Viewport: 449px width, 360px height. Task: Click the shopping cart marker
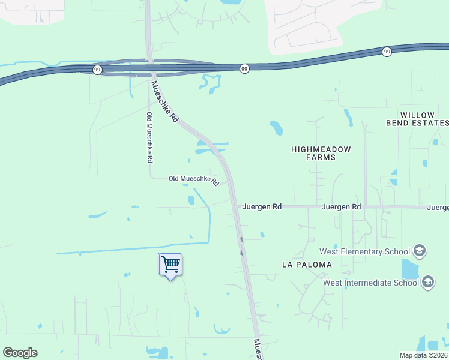(170, 264)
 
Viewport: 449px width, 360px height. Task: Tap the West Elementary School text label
(364, 251)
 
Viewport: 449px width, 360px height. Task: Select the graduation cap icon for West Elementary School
(420, 251)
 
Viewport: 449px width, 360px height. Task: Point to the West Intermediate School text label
(370, 283)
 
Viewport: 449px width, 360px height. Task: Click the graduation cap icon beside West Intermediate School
(428, 282)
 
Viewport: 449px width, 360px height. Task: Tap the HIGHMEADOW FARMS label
(321, 153)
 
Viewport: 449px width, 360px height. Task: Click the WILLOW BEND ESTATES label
(417, 119)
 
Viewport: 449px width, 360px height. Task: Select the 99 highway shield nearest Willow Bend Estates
(387, 52)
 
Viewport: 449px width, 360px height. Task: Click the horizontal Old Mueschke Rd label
(193, 179)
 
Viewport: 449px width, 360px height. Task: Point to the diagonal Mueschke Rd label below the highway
(166, 102)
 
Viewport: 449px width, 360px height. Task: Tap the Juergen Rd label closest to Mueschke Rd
(262, 206)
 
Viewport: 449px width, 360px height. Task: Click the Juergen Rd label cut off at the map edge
(438, 207)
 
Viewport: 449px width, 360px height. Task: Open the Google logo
(20, 353)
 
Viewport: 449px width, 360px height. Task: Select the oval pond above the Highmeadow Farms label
(276, 127)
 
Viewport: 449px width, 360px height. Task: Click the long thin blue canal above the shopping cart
(132, 248)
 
